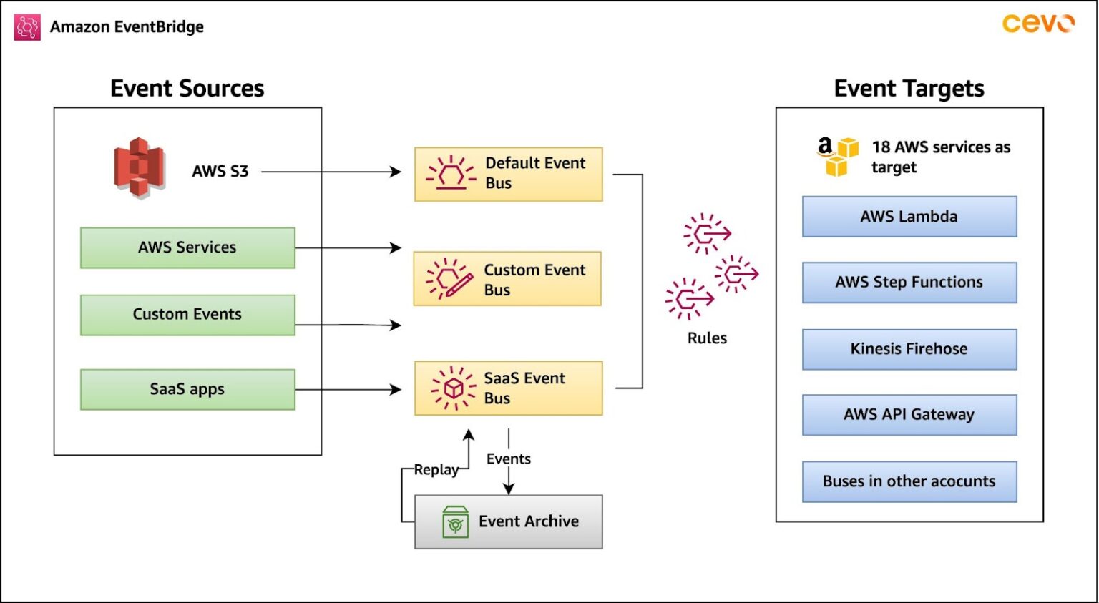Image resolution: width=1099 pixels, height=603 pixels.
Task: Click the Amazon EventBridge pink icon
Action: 27,27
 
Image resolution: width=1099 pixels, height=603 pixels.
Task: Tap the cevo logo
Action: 1038,24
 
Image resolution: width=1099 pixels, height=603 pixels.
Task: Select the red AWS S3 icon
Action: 140,168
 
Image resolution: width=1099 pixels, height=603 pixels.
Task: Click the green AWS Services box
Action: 187,247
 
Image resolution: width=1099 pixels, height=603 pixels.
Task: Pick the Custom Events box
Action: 187,315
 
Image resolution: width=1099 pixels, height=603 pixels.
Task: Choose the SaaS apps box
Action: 187,389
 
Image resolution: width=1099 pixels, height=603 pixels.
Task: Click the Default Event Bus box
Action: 508,174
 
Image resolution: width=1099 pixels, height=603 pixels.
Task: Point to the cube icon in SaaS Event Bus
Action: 454,388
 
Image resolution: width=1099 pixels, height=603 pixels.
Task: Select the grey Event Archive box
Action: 508,521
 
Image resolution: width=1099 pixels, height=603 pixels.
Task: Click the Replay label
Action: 436,470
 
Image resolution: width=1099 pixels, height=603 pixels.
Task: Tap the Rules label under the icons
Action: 707,338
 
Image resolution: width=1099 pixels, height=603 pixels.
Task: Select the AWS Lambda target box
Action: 909,217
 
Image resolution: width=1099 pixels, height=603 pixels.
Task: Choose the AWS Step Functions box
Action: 909,283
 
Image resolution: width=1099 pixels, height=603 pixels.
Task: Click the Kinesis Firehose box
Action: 909,349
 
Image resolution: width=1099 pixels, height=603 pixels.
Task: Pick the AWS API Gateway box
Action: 909,415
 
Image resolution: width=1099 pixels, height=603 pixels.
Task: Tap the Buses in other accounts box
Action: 909,481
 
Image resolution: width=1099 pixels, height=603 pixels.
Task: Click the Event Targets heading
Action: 909,89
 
